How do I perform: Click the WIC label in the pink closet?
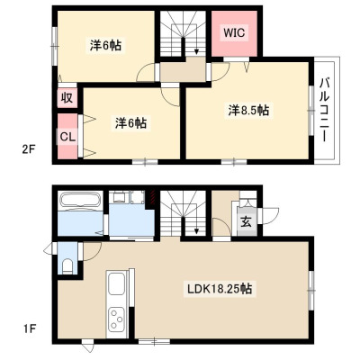pyautogui.click(x=234, y=32)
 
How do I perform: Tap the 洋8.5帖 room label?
pyautogui.click(x=248, y=111)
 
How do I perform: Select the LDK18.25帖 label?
pyautogui.click(x=220, y=289)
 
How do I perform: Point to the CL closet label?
pyautogui.click(x=67, y=137)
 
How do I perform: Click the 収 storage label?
pyautogui.click(x=67, y=97)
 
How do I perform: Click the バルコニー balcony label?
pyautogui.click(x=325, y=110)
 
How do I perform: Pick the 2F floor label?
pyautogui.click(x=30, y=149)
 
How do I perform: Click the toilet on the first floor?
pyautogui.click(x=67, y=266)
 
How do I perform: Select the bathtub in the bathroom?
pyautogui.click(x=80, y=199)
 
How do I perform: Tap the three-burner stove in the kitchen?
pyautogui.click(x=116, y=319)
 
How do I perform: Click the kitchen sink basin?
pyautogui.click(x=116, y=283)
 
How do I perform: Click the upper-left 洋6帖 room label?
pyautogui.click(x=105, y=46)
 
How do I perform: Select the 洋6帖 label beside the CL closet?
pyautogui.click(x=130, y=122)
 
